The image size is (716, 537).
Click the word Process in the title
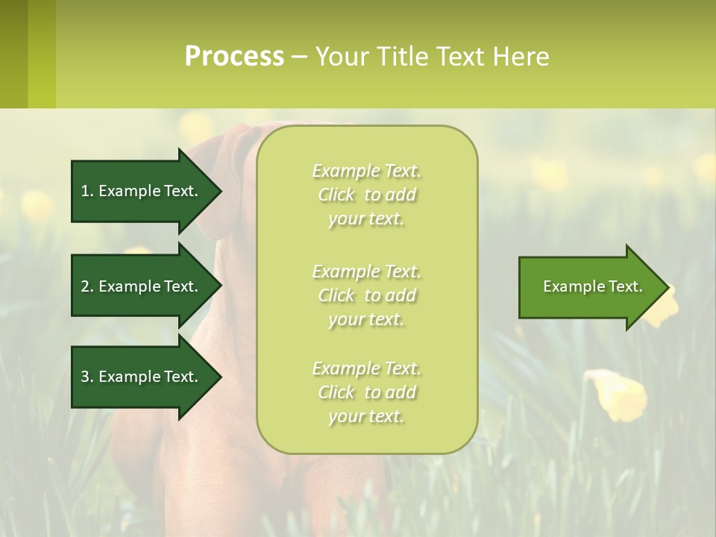(x=234, y=57)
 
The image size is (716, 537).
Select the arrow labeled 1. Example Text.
(x=142, y=191)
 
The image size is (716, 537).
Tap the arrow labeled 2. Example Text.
(x=142, y=286)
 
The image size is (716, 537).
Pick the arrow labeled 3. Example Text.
(x=142, y=377)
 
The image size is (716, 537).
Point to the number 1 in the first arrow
(x=85, y=191)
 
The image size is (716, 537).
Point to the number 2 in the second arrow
(x=85, y=286)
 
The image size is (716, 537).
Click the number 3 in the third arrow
(x=85, y=377)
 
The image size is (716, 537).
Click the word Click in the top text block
(x=336, y=195)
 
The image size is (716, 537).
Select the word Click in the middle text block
(x=336, y=296)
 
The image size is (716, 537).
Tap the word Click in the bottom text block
(x=336, y=393)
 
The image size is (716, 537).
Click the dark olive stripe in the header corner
(x=13, y=54)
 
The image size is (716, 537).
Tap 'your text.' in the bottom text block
(x=366, y=417)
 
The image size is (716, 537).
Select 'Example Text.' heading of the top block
(x=366, y=172)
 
